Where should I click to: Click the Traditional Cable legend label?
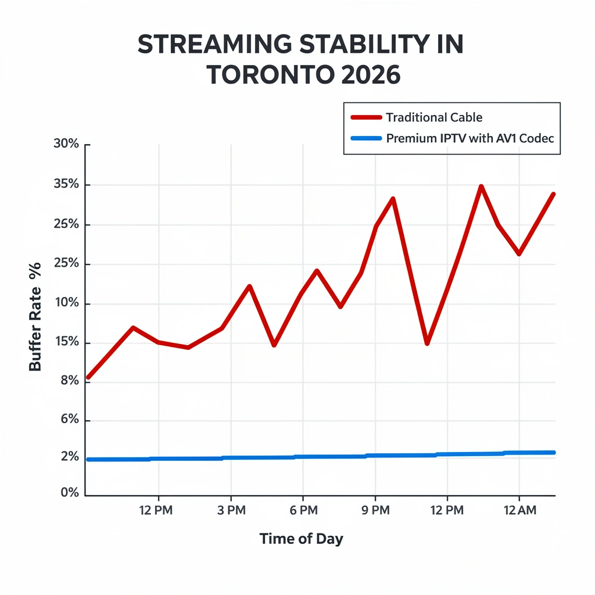(x=433, y=117)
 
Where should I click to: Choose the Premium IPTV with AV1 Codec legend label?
(x=469, y=139)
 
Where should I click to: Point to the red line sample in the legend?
(x=366, y=117)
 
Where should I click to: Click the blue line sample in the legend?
(x=366, y=139)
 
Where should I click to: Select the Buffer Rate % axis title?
(x=35, y=317)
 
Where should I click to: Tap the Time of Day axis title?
(x=301, y=539)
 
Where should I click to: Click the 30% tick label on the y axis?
(x=66, y=145)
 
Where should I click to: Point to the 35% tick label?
(x=66, y=185)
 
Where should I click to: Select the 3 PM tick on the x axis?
(x=231, y=510)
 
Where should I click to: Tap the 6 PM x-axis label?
(x=303, y=510)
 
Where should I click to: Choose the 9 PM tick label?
(x=375, y=510)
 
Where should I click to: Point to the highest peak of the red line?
(x=481, y=187)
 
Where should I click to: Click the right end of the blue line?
(x=554, y=452)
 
